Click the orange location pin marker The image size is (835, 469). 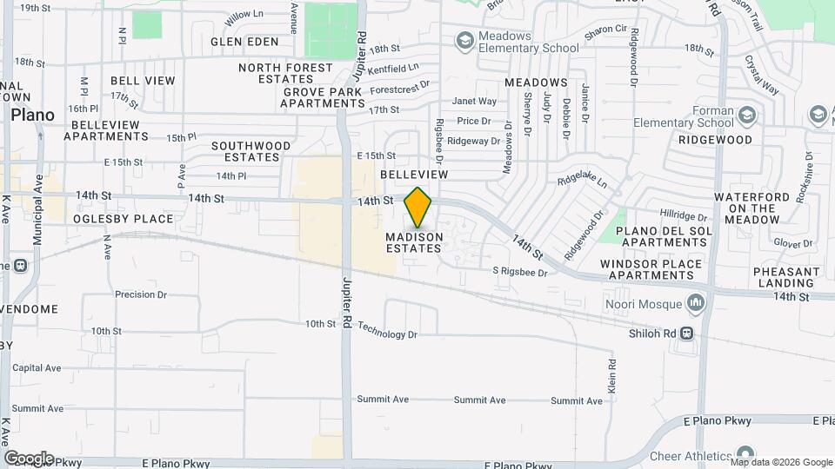pos(417,207)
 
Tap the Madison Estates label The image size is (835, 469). pos(414,242)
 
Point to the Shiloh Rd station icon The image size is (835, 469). pos(686,332)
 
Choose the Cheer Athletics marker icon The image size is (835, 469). pos(745,454)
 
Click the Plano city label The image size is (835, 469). pos(32,115)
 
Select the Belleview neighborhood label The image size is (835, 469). pos(414,175)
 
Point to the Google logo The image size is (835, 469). pos(29,458)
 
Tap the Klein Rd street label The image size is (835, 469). pos(611,374)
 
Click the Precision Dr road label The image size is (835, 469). pos(141,294)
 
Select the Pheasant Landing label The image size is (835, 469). pos(786,277)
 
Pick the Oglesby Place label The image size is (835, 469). pos(124,219)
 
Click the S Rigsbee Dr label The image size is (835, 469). pos(520,273)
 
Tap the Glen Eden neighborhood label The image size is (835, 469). pos(244,42)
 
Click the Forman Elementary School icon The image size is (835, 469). pos(747,116)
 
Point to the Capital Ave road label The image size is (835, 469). pos(37,368)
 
